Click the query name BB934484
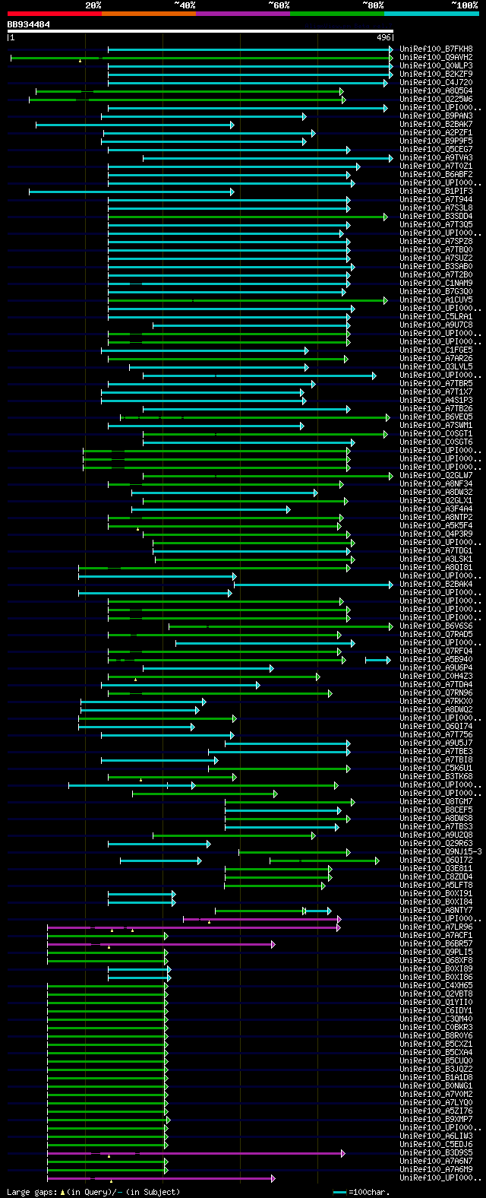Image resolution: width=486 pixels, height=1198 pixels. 29,24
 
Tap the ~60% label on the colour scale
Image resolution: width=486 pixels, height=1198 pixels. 279,5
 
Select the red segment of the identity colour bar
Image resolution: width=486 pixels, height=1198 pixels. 54,14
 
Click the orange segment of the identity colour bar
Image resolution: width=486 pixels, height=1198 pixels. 148,14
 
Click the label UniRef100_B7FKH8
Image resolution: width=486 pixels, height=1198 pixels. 436,49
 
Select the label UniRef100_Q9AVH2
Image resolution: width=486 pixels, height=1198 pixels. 436,58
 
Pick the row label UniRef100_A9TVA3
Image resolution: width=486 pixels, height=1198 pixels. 436,158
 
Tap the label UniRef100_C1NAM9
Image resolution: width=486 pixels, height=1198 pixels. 436,284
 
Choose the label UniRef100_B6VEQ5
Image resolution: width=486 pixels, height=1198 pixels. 436,417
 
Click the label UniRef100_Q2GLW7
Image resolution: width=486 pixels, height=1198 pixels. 436,476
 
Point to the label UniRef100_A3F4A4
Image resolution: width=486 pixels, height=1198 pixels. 436,509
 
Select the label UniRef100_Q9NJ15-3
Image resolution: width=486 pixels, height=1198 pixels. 440,852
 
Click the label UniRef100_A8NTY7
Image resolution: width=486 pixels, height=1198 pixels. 436,911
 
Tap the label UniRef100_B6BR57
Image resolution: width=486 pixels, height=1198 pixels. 436,944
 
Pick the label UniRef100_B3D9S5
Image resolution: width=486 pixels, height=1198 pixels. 436,1153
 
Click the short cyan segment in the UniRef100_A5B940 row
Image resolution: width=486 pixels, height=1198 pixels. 377,660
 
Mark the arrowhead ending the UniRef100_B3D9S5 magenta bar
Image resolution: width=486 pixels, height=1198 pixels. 343,1153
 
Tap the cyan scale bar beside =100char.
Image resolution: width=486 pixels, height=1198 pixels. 339,1192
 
